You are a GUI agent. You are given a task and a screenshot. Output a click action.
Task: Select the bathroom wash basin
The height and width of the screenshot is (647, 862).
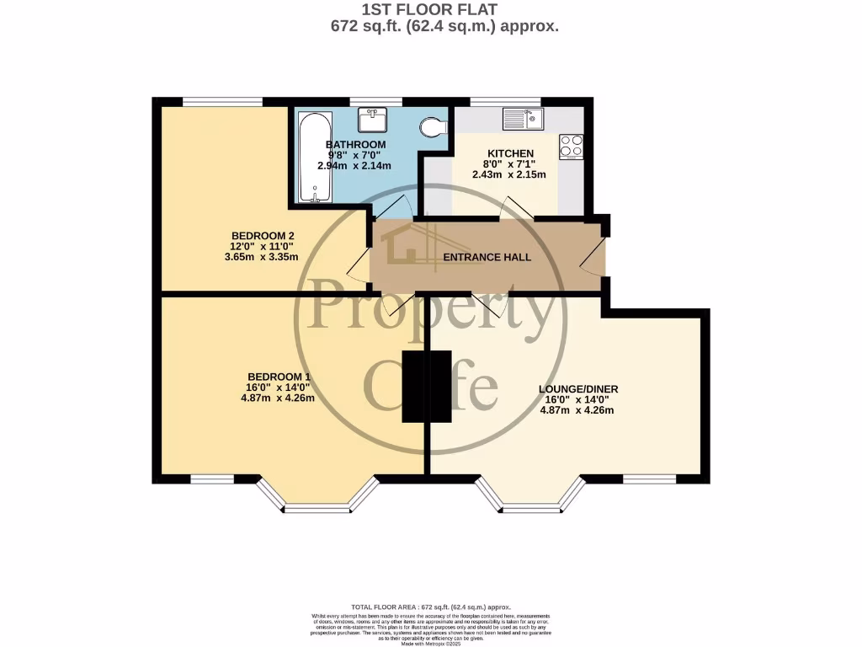(x=372, y=120)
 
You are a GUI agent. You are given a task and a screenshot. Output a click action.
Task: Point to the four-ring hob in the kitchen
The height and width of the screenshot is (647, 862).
(x=571, y=147)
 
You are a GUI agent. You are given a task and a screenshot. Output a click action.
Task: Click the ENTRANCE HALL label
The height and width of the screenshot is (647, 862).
(x=487, y=257)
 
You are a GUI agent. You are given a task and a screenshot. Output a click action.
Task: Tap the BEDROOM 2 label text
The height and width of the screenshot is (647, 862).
(x=262, y=235)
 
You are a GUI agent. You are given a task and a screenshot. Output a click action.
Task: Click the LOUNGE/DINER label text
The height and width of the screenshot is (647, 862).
(x=578, y=388)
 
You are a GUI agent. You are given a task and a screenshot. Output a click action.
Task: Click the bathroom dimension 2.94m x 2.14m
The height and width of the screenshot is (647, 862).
(x=354, y=166)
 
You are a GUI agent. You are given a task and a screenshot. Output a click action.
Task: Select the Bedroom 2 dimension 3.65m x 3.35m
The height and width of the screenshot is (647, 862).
(x=262, y=257)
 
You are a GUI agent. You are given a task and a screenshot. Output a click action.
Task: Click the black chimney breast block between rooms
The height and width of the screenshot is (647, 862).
(x=416, y=387)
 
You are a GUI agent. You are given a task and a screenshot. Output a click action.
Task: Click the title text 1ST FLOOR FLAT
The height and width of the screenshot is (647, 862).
(x=429, y=9)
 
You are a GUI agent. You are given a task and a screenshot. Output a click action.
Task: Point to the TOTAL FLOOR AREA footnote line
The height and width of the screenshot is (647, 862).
(x=430, y=607)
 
